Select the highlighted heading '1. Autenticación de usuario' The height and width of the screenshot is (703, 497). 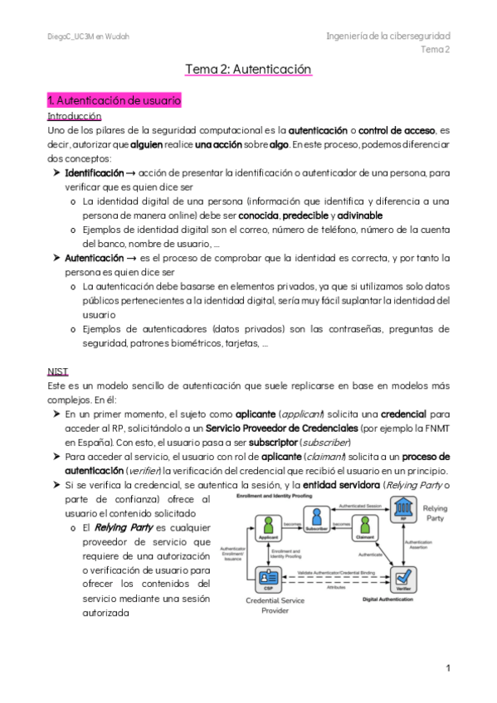click(x=115, y=100)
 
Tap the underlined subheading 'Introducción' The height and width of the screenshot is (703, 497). click(x=75, y=116)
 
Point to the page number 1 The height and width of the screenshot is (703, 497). click(x=447, y=668)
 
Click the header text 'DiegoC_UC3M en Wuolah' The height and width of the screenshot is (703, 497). click(x=88, y=36)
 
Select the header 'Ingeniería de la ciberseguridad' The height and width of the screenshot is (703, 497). click(x=387, y=36)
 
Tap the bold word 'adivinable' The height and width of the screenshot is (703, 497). click(x=360, y=215)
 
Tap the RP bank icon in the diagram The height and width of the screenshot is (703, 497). click(x=404, y=507)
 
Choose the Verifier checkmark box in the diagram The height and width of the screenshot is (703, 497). click(x=404, y=574)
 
